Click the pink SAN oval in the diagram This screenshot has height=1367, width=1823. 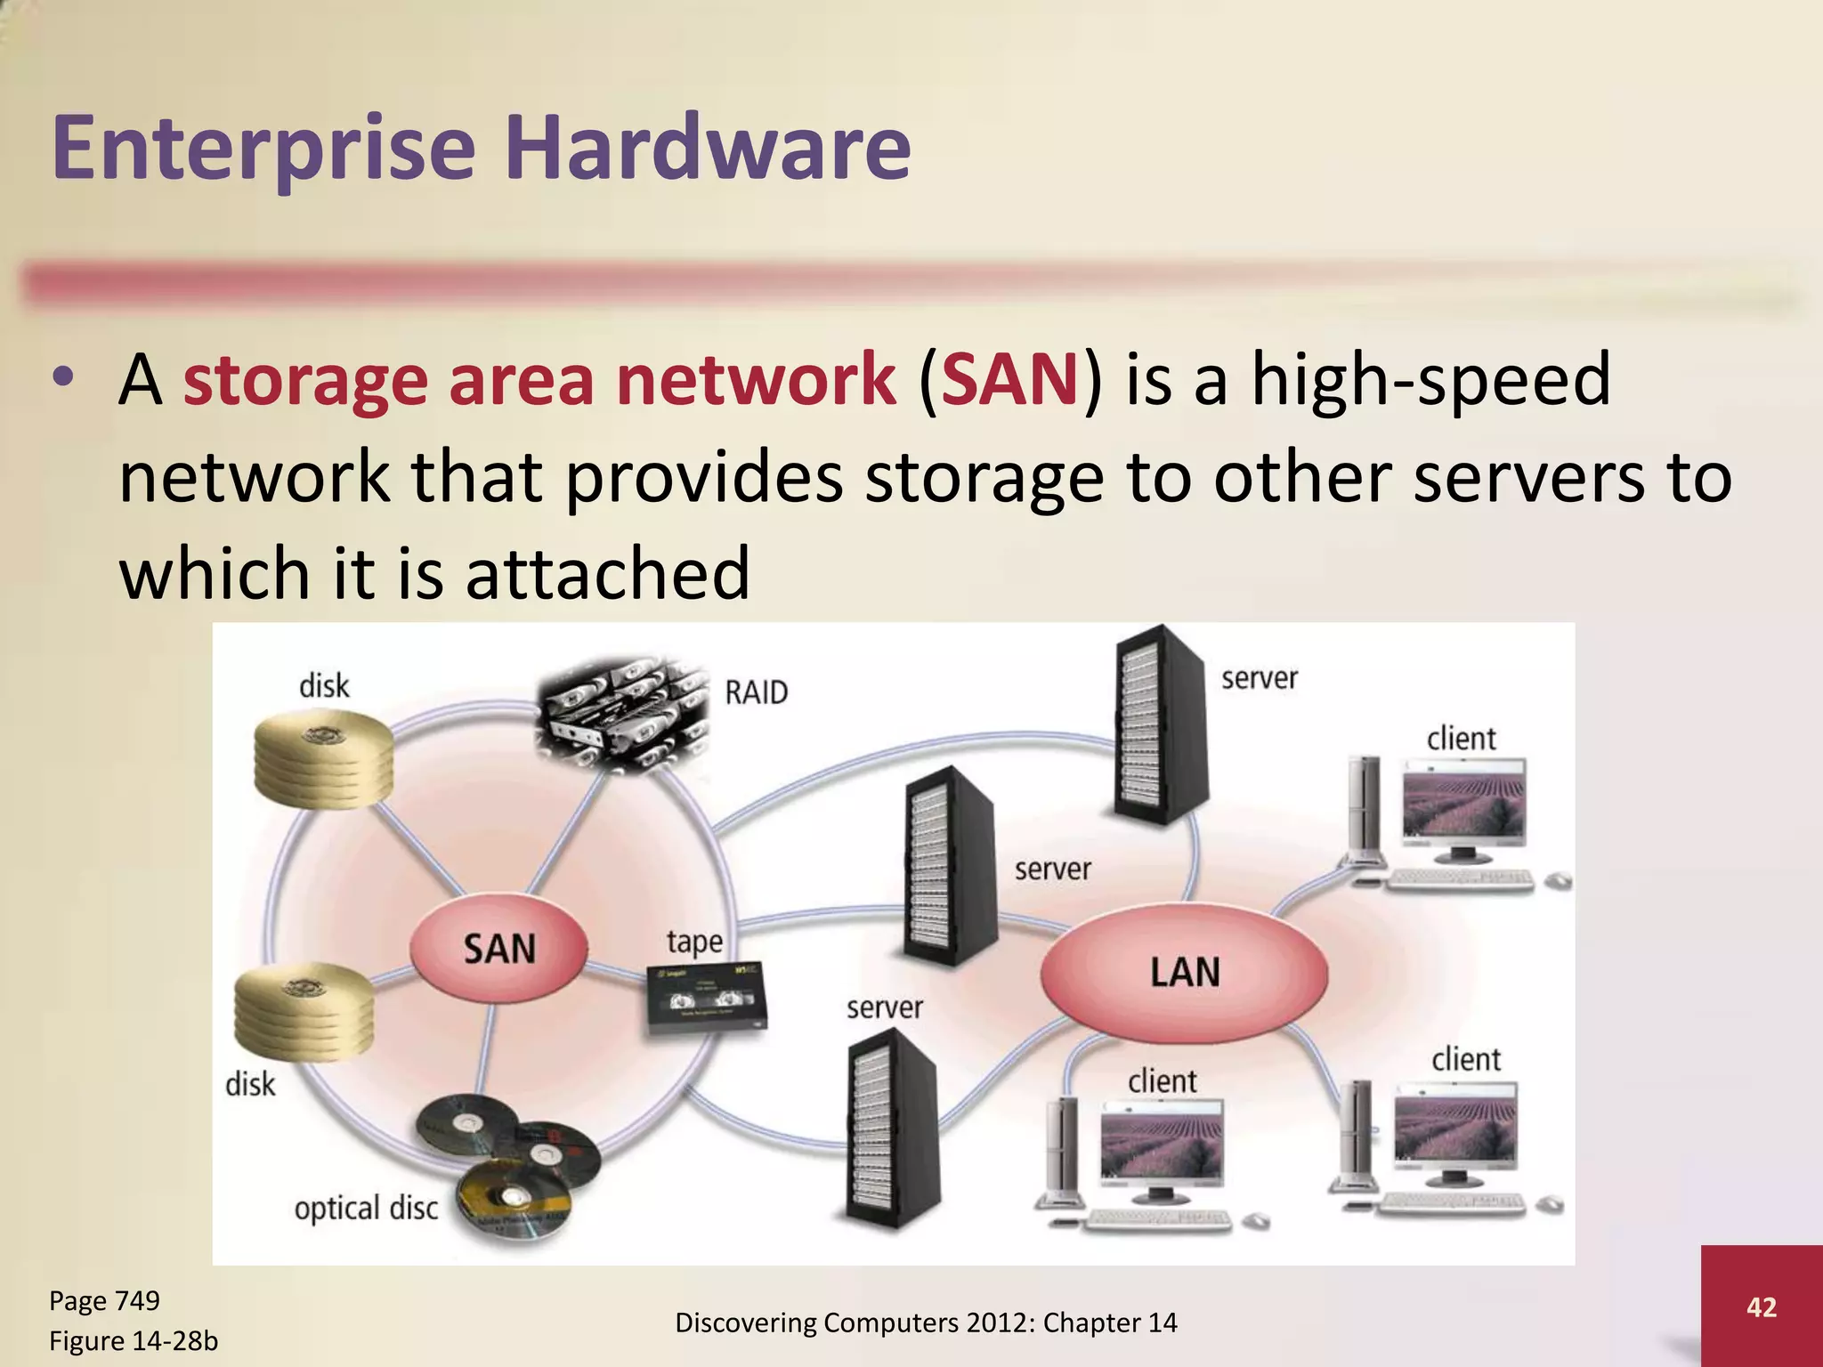click(498, 949)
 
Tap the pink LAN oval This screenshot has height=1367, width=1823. click(1184, 972)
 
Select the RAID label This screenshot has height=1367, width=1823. click(756, 692)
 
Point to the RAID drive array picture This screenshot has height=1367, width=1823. click(623, 712)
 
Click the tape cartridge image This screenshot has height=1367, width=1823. click(706, 998)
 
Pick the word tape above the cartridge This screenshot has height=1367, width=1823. click(694, 942)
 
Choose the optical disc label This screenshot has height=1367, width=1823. click(366, 1209)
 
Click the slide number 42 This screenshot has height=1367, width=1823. click(1762, 1306)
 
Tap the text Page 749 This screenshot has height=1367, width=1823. click(104, 1300)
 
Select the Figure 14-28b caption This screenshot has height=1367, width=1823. click(133, 1340)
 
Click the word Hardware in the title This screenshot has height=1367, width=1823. click(708, 147)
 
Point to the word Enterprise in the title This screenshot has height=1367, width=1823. click(264, 147)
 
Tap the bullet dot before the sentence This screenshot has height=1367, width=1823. click(61, 378)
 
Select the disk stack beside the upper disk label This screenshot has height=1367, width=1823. click(323, 762)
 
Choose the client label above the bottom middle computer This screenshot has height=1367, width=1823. click(1162, 1081)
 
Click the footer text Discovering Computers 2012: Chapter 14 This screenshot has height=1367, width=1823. click(926, 1323)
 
